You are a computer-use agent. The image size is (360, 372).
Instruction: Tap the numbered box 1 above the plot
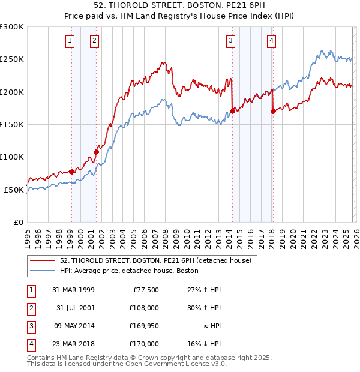point(70,41)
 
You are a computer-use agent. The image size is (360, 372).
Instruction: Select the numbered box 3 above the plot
point(230,41)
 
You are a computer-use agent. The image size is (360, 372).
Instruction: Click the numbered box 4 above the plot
point(271,41)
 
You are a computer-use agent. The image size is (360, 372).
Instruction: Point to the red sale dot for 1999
point(71,172)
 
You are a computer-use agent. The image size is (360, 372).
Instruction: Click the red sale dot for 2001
point(96,152)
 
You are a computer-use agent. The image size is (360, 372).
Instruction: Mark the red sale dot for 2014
point(232,111)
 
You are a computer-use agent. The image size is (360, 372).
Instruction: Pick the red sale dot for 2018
point(272,111)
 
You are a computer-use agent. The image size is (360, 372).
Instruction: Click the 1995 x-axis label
point(27,237)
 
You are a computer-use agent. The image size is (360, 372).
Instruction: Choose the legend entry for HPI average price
point(129,271)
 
